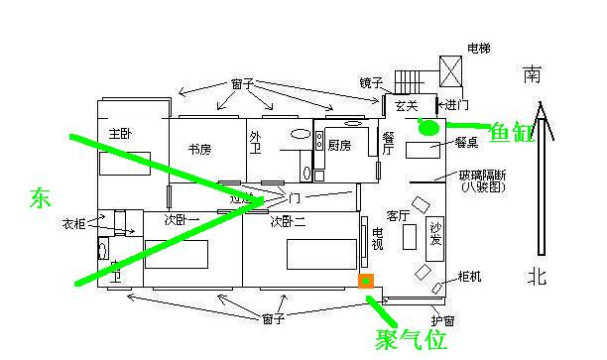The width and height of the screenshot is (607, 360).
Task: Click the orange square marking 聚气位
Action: [366, 281]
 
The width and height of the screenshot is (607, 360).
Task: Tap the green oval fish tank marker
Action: [427, 127]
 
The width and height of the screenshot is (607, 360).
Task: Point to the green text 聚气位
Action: [410, 340]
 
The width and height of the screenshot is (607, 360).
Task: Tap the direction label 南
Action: [534, 74]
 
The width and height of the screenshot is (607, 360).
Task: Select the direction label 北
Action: [536, 276]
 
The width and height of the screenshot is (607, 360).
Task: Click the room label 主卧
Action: [121, 134]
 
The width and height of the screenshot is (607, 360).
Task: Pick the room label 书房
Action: [199, 150]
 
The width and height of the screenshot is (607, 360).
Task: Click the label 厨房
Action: [340, 145]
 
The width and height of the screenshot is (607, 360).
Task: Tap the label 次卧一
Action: [182, 221]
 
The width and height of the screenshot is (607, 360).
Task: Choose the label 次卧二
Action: [288, 222]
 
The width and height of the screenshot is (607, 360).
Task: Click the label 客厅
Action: [399, 214]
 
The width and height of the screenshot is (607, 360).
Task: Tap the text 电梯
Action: [478, 48]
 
